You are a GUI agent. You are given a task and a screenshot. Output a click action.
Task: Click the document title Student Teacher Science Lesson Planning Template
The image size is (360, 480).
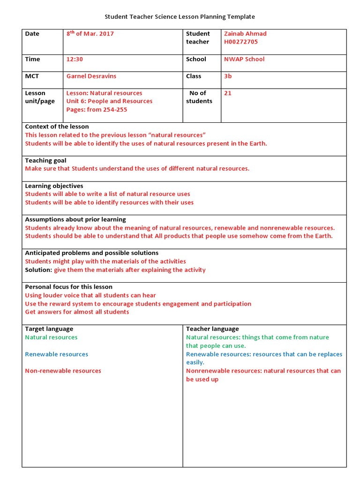pyautogui.click(x=180, y=17)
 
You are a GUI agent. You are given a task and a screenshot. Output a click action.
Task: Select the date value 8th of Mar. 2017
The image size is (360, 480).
pyautogui.click(x=90, y=34)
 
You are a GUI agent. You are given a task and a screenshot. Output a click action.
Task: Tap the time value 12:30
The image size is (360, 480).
pyautogui.click(x=75, y=59)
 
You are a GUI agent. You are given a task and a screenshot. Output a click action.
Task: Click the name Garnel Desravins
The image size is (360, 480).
pyautogui.click(x=91, y=76)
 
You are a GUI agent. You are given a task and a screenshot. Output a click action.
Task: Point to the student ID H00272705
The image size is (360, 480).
pyautogui.click(x=240, y=42)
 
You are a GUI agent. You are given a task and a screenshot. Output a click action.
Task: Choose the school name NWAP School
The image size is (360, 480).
pyautogui.click(x=244, y=59)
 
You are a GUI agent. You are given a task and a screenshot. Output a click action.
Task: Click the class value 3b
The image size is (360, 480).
pyautogui.click(x=228, y=76)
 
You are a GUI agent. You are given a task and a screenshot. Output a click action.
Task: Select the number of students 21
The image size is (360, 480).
pyautogui.click(x=228, y=93)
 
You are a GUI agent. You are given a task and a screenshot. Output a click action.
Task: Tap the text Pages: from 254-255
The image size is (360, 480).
pyautogui.click(x=97, y=110)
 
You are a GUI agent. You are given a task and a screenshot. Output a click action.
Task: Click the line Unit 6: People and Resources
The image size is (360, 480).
pyautogui.click(x=109, y=101)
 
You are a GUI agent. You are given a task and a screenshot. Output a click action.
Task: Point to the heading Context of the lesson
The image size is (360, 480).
pyautogui.click(x=57, y=127)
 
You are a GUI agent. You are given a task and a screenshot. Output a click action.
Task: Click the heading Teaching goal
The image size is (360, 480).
pyautogui.click(x=45, y=160)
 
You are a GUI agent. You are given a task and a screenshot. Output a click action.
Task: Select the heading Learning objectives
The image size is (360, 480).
pyautogui.click(x=54, y=186)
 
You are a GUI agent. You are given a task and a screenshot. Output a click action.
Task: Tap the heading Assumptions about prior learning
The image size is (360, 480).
pyautogui.click(x=75, y=219)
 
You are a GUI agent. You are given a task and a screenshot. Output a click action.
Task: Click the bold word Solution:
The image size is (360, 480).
pyautogui.click(x=38, y=270)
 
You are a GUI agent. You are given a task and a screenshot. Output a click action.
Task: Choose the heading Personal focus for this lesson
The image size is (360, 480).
pyautogui.click(x=68, y=287)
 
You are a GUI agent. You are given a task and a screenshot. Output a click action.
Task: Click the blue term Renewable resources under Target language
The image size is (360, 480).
pyautogui.click(x=56, y=354)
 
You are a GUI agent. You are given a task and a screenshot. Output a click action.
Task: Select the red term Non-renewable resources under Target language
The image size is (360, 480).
pyautogui.click(x=63, y=371)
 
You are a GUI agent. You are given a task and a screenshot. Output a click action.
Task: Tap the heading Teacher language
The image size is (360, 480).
pyautogui.click(x=212, y=329)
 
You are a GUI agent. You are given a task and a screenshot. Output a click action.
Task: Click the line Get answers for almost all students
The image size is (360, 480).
pyautogui.click(x=77, y=312)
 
